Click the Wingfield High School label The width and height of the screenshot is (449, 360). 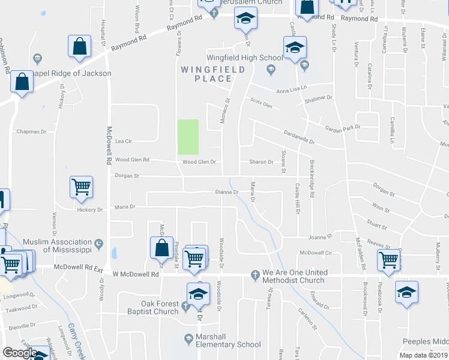click(244, 58)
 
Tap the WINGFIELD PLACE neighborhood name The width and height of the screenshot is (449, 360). click(213, 74)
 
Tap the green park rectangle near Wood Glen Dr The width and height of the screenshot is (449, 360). click(188, 137)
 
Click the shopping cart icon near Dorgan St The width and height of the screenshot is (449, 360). click(81, 186)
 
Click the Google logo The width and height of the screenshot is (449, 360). click(20, 353)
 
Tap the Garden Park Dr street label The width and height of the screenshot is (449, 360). click(342, 127)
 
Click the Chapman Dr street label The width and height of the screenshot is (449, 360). click(31, 131)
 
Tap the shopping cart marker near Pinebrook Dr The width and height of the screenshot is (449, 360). click(389, 260)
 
